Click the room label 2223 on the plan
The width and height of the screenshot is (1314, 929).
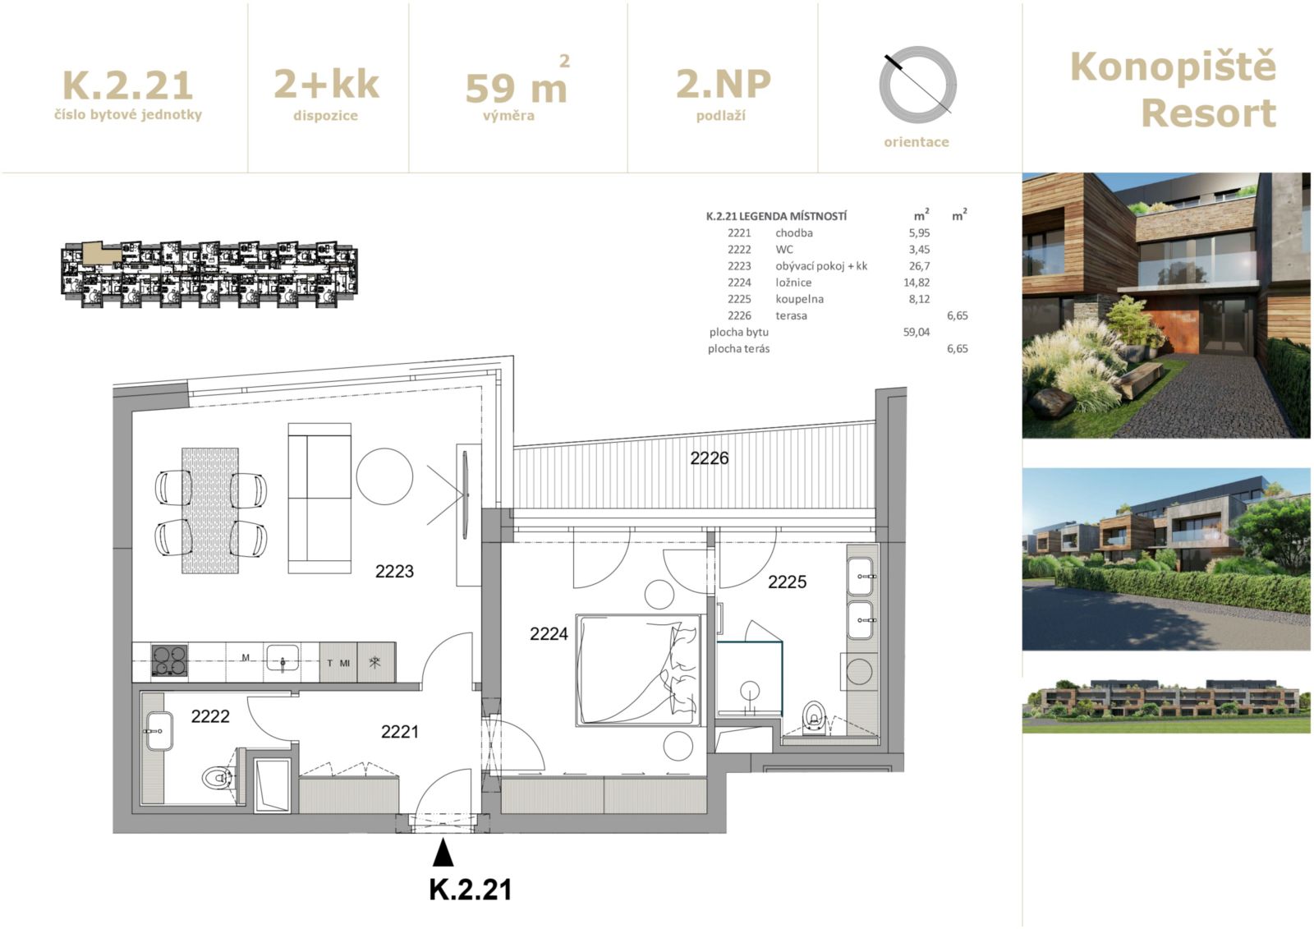tap(394, 571)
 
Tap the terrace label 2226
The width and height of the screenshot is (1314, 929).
tap(710, 458)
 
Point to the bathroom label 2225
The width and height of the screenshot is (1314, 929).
tap(788, 582)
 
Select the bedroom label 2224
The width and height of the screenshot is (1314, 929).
tap(549, 633)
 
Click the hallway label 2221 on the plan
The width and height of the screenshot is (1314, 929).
tap(399, 731)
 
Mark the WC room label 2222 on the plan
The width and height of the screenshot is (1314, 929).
tap(210, 716)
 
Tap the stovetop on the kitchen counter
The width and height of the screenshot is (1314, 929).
tap(169, 660)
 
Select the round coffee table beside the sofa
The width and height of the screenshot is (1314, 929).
tap(384, 476)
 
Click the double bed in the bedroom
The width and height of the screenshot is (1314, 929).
tap(638, 670)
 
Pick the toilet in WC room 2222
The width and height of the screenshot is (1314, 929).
tap(217, 778)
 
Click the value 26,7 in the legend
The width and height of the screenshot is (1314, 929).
tap(919, 266)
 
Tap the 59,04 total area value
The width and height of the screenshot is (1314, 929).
tap(917, 332)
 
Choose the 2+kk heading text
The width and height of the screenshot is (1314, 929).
tap(327, 84)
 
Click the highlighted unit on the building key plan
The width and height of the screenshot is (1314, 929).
tap(101, 253)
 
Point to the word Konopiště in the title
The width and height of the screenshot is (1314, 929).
tap(1173, 67)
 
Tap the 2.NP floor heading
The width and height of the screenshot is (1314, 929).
tap(724, 83)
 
